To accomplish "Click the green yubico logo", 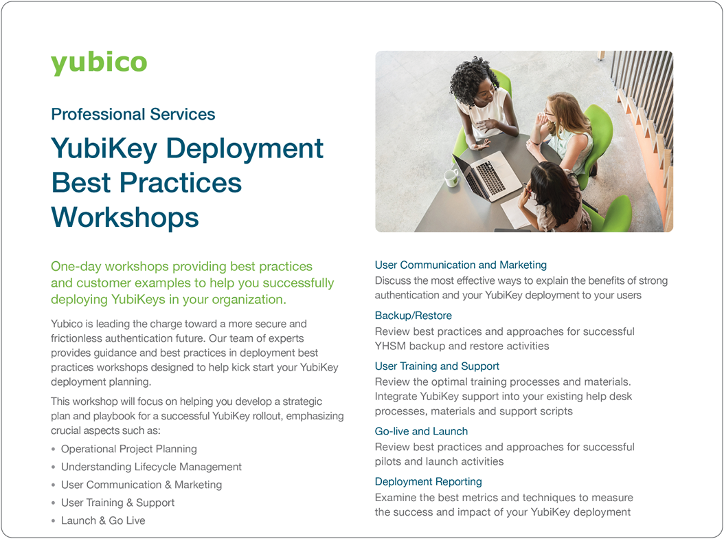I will tap(99, 63).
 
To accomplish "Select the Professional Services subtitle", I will tap(133, 114).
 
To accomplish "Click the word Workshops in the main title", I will tap(125, 217).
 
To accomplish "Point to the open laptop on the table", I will tap(488, 175).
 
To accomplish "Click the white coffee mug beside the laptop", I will tap(451, 177).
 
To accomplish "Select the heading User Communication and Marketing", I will tap(460, 265).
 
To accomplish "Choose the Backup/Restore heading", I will tap(413, 316).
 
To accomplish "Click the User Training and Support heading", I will tap(437, 366).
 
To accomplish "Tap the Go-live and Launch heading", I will tap(421, 431).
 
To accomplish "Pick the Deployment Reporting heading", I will tap(428, 481).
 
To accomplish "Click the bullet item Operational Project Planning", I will tap(128, 449).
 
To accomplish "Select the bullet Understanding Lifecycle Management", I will tap(151, 467).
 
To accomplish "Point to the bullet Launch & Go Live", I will tap(103, 520).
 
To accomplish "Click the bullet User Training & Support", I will tap(117, 503).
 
